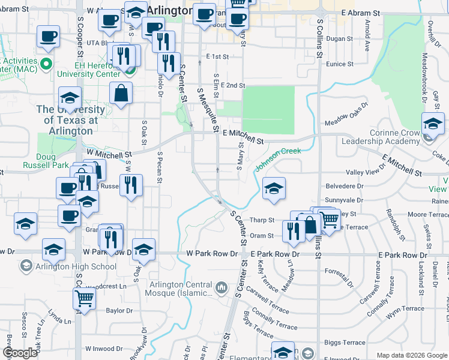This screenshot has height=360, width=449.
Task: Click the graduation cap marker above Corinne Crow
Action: click(433, 123)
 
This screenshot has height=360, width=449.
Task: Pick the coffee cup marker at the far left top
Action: click(48, 36)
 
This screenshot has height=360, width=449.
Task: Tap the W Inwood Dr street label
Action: click(104, 349)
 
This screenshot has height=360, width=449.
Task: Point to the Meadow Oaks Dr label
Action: click(346, 120)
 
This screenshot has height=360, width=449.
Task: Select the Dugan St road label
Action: click(339, 38)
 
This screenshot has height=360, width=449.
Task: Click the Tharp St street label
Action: click(262, 221)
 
